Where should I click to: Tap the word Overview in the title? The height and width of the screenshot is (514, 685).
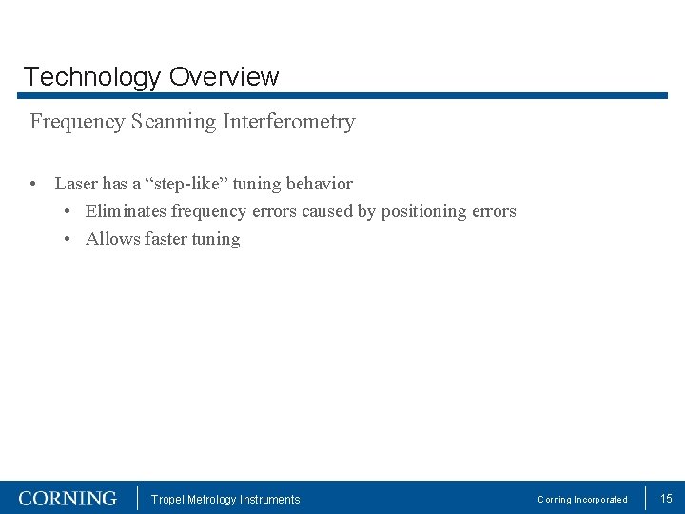pos(225,77)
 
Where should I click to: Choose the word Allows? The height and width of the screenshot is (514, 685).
pos(113,239)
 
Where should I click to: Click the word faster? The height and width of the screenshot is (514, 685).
pos(166,239)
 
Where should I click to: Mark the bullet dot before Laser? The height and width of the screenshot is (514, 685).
pos(33,184)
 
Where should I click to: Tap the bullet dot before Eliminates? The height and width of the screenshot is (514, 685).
pos(69,211)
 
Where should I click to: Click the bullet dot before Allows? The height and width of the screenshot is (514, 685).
pos(69,239)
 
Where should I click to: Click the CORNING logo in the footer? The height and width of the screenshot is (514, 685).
pos(68,499)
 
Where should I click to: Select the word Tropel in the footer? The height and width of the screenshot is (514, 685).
pos(167,500)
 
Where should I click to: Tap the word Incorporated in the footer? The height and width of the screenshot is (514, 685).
pos(600,500)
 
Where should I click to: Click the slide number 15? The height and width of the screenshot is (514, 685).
pos(666,499)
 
